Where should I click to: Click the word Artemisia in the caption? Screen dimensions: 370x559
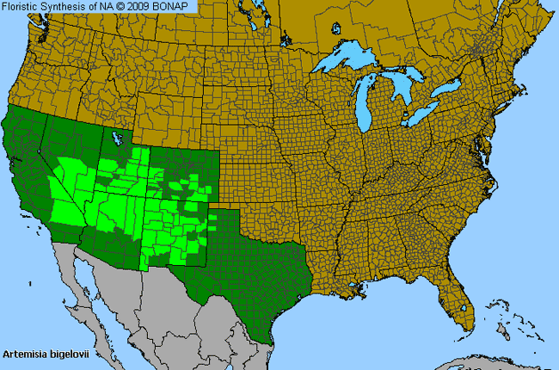click(28, 354)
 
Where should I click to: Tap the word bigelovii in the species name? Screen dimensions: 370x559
click(73, 354)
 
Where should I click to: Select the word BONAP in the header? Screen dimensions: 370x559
click(175, 6)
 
